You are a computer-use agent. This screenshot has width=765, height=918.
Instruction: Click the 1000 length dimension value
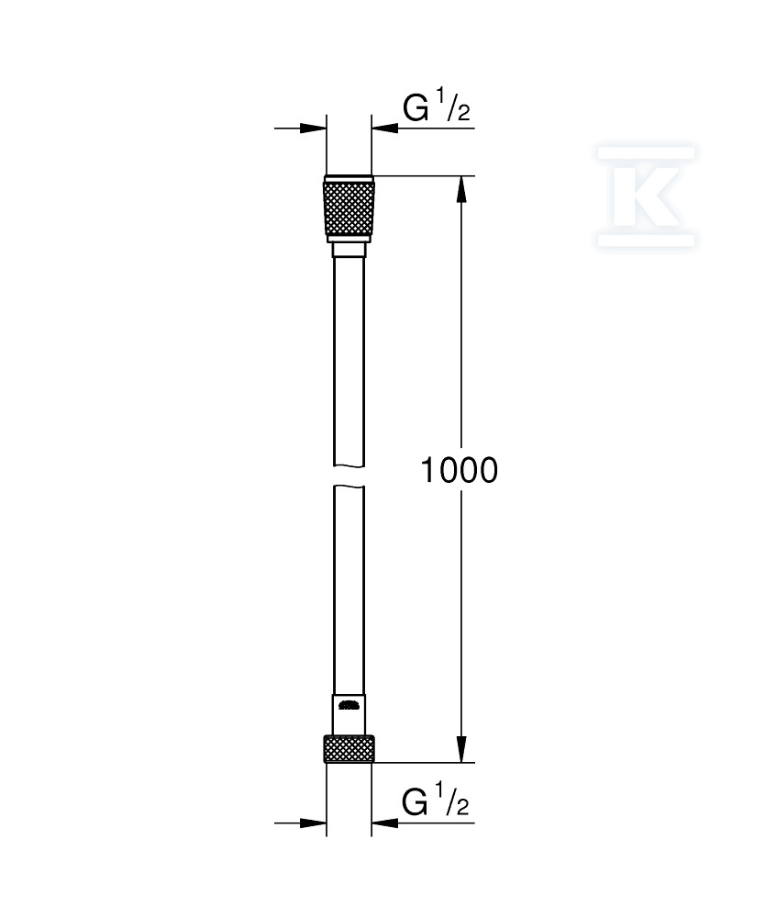(x=460, y=470)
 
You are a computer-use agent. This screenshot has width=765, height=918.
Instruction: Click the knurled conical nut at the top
(x=349, y=208)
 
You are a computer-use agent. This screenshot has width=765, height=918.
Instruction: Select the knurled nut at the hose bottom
(x=349, y=749)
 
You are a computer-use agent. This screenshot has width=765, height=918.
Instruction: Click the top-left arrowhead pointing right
(x=313, y=128)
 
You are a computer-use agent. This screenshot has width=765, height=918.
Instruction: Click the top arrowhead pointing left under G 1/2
(x=384, y=128)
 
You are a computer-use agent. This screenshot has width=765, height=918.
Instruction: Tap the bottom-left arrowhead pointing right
(x=313, y=823)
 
